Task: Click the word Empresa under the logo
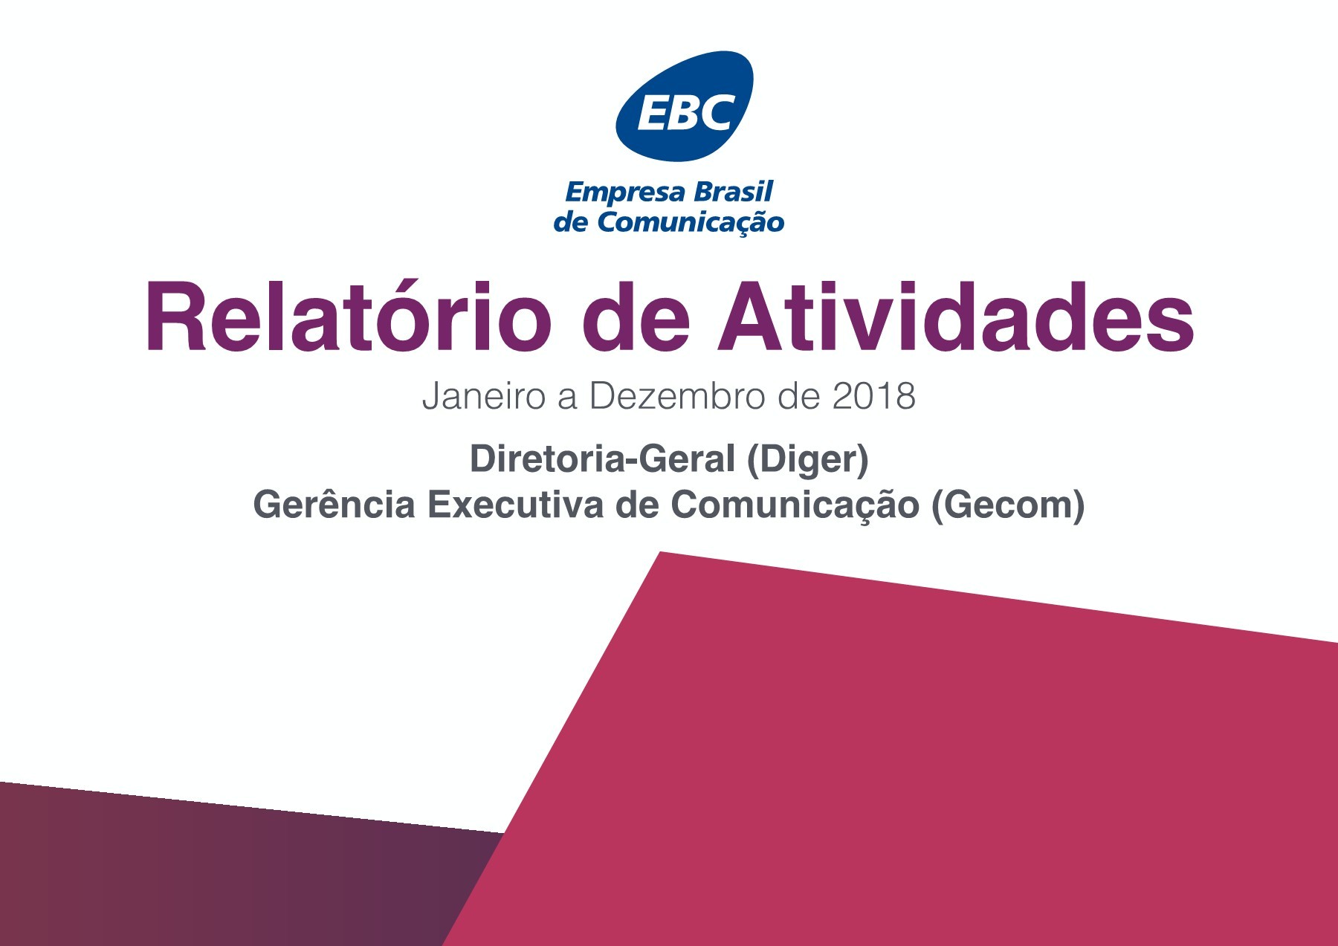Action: coord(624,192)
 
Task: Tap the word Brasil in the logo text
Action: coord(733,192)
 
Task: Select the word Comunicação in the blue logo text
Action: coord(691,222)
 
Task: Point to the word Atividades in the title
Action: coord(955,317)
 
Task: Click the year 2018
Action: coord(873,396)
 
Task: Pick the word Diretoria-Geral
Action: coord(602,459)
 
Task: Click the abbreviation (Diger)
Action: coord(808,460)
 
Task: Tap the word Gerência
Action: coord(334,505)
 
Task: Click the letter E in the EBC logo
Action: coord(653,114)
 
